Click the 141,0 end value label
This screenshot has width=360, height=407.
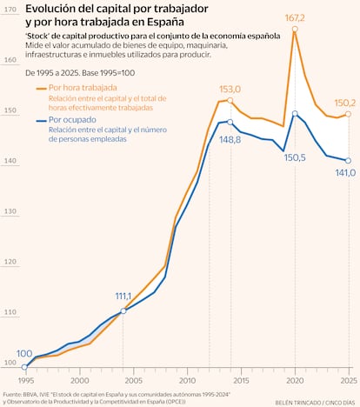tap(345, 172)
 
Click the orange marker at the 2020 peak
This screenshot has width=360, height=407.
tap(295, 29)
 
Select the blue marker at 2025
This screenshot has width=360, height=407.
tap(348, 161)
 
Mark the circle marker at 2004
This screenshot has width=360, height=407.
tap(123, 310)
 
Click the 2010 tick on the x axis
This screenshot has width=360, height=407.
tap(187, 380)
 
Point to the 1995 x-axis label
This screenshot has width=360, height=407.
tap(26, 380)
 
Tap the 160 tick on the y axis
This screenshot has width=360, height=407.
tap(10, 60)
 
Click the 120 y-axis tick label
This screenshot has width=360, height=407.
tap(10, 261)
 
